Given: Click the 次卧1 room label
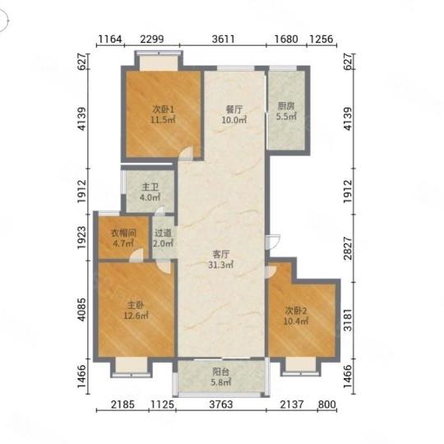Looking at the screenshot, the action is (163, 114).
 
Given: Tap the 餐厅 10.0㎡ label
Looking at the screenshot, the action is (234, 114).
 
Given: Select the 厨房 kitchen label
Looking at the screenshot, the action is (286, 111).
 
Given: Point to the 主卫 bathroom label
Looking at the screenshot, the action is (150, 192).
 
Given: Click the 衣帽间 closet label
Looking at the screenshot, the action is (123, 238).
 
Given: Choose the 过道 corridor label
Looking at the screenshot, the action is (164, 238).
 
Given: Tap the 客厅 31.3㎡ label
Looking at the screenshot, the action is (221, 260).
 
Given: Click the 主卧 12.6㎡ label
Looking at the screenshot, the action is (136, 310).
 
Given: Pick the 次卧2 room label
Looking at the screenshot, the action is (296, 316).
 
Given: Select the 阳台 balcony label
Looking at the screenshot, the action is (221, 377).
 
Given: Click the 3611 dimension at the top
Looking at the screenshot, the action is (224, 39).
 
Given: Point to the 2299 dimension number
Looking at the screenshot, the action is (152, 39).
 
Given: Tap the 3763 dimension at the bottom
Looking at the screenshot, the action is (221, 405).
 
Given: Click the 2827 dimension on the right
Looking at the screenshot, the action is (348, 248).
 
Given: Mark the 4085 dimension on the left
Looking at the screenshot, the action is (81, 309).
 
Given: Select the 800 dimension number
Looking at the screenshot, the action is (327, 405).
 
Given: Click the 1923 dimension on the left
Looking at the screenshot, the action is (81, 238).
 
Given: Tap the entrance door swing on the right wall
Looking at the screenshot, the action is (273, 242).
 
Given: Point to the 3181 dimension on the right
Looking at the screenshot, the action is (348, 320).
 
